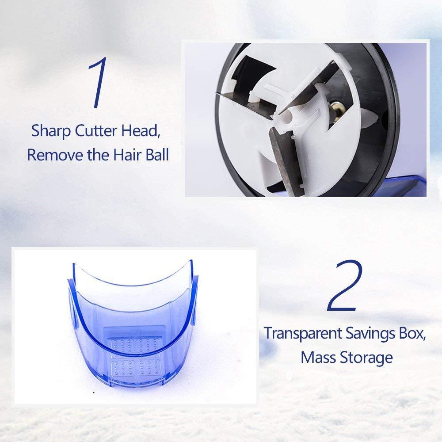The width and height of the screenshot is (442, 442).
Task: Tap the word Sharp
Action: [x=51, y=131]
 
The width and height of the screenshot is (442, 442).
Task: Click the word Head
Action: [x=141, y=131]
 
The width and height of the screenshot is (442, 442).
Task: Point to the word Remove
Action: [x=55, y=155]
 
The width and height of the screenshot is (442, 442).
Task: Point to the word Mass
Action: [x=318, y=358]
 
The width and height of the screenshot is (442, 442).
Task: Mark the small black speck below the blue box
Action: [x=94, y=392]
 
